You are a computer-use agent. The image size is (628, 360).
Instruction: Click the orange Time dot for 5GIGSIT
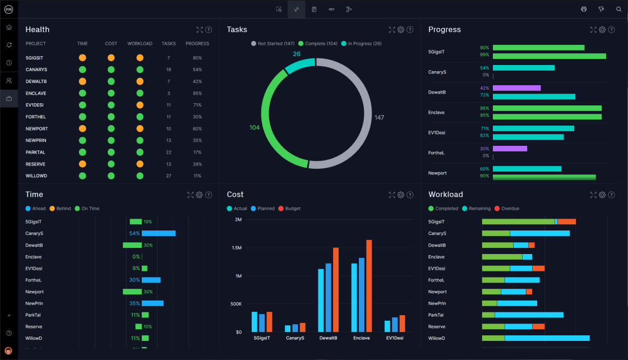[x=82, y=58]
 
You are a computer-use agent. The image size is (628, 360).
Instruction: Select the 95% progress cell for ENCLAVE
[x=197, y=93]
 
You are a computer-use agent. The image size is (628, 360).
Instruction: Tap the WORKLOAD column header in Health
[x=140, y=44]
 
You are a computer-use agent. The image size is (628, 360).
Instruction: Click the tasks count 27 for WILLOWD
[x=168, y=176]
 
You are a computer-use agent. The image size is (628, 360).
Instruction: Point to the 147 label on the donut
[x=379, y=118]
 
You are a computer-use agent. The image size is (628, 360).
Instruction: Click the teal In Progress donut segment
[x=299, y=66]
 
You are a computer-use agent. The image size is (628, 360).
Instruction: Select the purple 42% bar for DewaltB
[x=516, y=88]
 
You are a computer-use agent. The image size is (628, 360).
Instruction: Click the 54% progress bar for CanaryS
[x=523, y=68]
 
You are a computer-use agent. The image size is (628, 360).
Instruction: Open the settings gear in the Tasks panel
[x=401, y=30]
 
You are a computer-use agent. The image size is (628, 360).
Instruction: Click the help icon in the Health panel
[x=209, y=30]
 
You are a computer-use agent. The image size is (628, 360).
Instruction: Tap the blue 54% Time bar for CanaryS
[x=159, y=233]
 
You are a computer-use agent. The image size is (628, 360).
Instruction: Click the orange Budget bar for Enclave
[x=369, y=286]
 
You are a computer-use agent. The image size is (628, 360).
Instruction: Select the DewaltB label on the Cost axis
[x=328, y=338]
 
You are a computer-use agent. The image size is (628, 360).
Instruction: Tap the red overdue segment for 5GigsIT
[x=566, y=221]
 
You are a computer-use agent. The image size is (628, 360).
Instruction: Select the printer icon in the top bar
[x=584, y=9]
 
